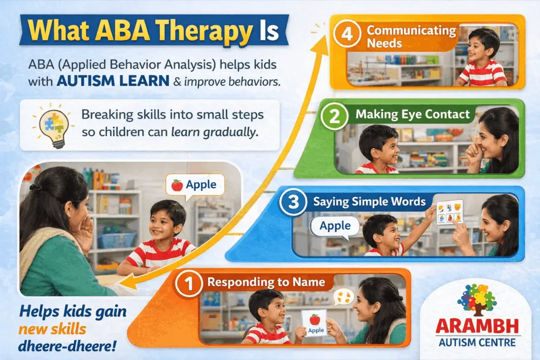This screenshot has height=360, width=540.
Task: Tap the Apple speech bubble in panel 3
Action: tap(335, 226)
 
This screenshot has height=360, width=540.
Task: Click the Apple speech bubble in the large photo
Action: tap(195, 184)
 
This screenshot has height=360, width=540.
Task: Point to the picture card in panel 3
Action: tap(449, 212)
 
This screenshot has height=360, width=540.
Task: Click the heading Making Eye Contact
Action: tap(412, 114)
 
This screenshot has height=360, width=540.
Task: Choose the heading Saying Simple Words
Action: tap(369, 201)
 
